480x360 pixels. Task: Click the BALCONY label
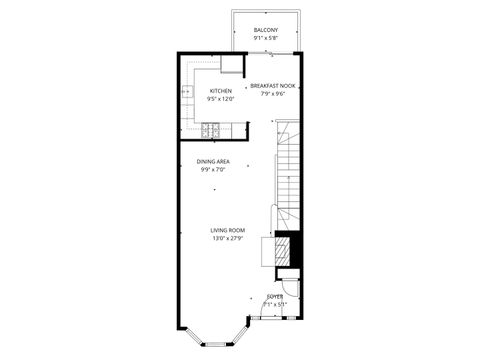pyautogui.click(x=265, y=31)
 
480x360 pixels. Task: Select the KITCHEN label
pyautogui.click(x=220, y=91)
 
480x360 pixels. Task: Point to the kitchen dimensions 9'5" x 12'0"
pyautogui.click(x=220, y=99)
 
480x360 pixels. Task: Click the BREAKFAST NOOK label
pyautogui.click(x=272, y=86)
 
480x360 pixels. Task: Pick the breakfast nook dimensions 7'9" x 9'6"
pyautogui.click(x=272, y=94)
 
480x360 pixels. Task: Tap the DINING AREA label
pyautogui.click(x=214, y=161)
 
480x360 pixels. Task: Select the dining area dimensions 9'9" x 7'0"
pyautogui.click(x=214, y=169)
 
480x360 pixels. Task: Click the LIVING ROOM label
pyautogui.click(x=227, y=230)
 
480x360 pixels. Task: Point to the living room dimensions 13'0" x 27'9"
pyautogui.click(x=227, y=238)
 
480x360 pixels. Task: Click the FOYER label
pyautogui.click(x=274, y=296)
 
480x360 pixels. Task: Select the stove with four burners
pyautogui.click(x=211, y=129)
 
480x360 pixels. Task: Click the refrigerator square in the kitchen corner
pyautogui.click(x=232, y=66)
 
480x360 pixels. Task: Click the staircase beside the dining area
pyautogui.click(x=288, y=170)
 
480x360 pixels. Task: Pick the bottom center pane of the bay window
pyautogui.click(x=214, y=344)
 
